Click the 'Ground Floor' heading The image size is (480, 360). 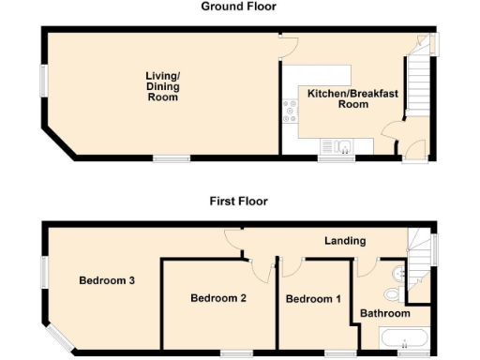click(238, 7)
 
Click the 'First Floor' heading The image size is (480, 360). click(238, 201)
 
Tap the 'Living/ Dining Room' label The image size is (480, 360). click(162, 86)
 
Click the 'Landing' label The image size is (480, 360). click(344, 241)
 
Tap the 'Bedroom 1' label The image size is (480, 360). click(313, 299)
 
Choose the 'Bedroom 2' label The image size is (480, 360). click(218, 299)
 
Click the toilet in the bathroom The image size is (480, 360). click(401, 273)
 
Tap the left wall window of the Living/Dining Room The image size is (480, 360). click(41, 80)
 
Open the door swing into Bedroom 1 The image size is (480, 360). click(289, 266)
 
